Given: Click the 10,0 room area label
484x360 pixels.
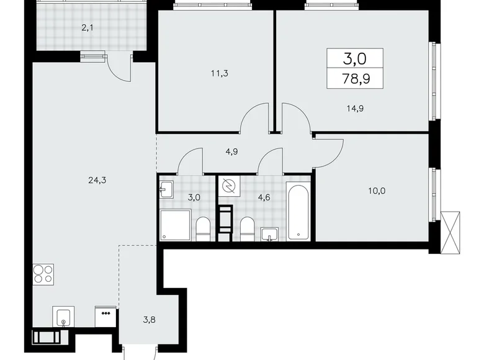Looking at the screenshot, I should point(375,191).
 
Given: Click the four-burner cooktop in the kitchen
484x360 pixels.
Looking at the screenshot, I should point(43,274).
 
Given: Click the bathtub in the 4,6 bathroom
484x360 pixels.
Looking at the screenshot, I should point(298,211).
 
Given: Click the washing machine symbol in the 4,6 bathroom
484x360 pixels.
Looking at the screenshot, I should point(227,187).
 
